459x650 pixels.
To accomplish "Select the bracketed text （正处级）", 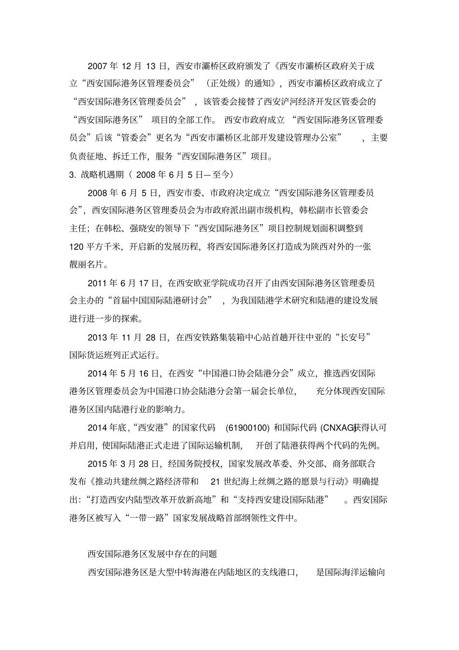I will (x=223, y=84).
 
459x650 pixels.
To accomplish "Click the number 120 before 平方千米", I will (x=77, y=246).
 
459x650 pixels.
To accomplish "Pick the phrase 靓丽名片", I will (x=89, y=264).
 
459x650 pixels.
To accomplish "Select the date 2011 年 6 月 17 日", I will (x=124, y=283).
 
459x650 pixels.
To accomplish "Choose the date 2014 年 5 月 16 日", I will (x=124, y=374).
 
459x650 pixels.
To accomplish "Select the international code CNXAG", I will (x=336, y=428).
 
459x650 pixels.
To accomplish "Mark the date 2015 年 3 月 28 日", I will (x=124, y=464).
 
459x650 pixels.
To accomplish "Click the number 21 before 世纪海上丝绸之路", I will (x=216, y=482).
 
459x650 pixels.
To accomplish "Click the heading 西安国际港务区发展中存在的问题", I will (x=152, y=554).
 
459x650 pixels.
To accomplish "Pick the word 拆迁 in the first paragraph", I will (x=122, y=156).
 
